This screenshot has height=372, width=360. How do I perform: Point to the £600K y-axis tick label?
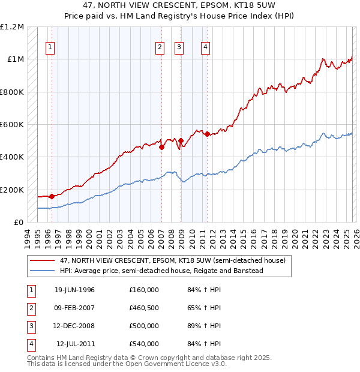click(x=12, y=125)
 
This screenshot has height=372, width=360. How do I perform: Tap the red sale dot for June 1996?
click(x=52, y=196)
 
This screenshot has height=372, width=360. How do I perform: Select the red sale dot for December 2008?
click(x=181, y=141)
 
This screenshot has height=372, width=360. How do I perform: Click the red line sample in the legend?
click(x=42, y=260)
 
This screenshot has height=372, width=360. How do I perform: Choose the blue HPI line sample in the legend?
click(x=42, y=271)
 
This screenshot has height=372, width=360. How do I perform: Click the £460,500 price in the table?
click(x=144, y=308)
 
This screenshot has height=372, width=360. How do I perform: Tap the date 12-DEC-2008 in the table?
click(x=74, y=326)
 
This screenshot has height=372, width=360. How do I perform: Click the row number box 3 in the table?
click(x=30, y=326)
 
